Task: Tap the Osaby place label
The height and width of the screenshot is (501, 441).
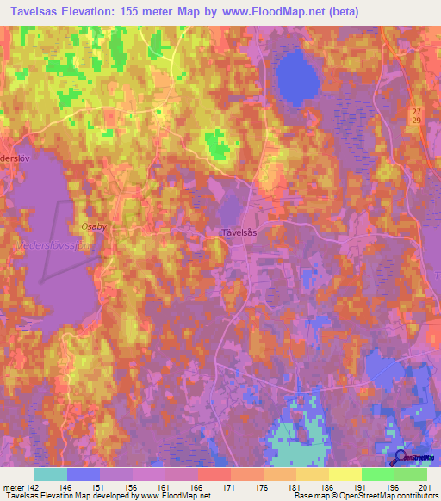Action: [x=93, y=226]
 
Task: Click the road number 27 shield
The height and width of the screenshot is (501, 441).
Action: [x=417, y=114]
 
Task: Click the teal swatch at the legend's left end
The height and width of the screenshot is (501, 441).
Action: [x=50, y=474]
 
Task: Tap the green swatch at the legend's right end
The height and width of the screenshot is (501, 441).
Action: [x=411, y=474]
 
